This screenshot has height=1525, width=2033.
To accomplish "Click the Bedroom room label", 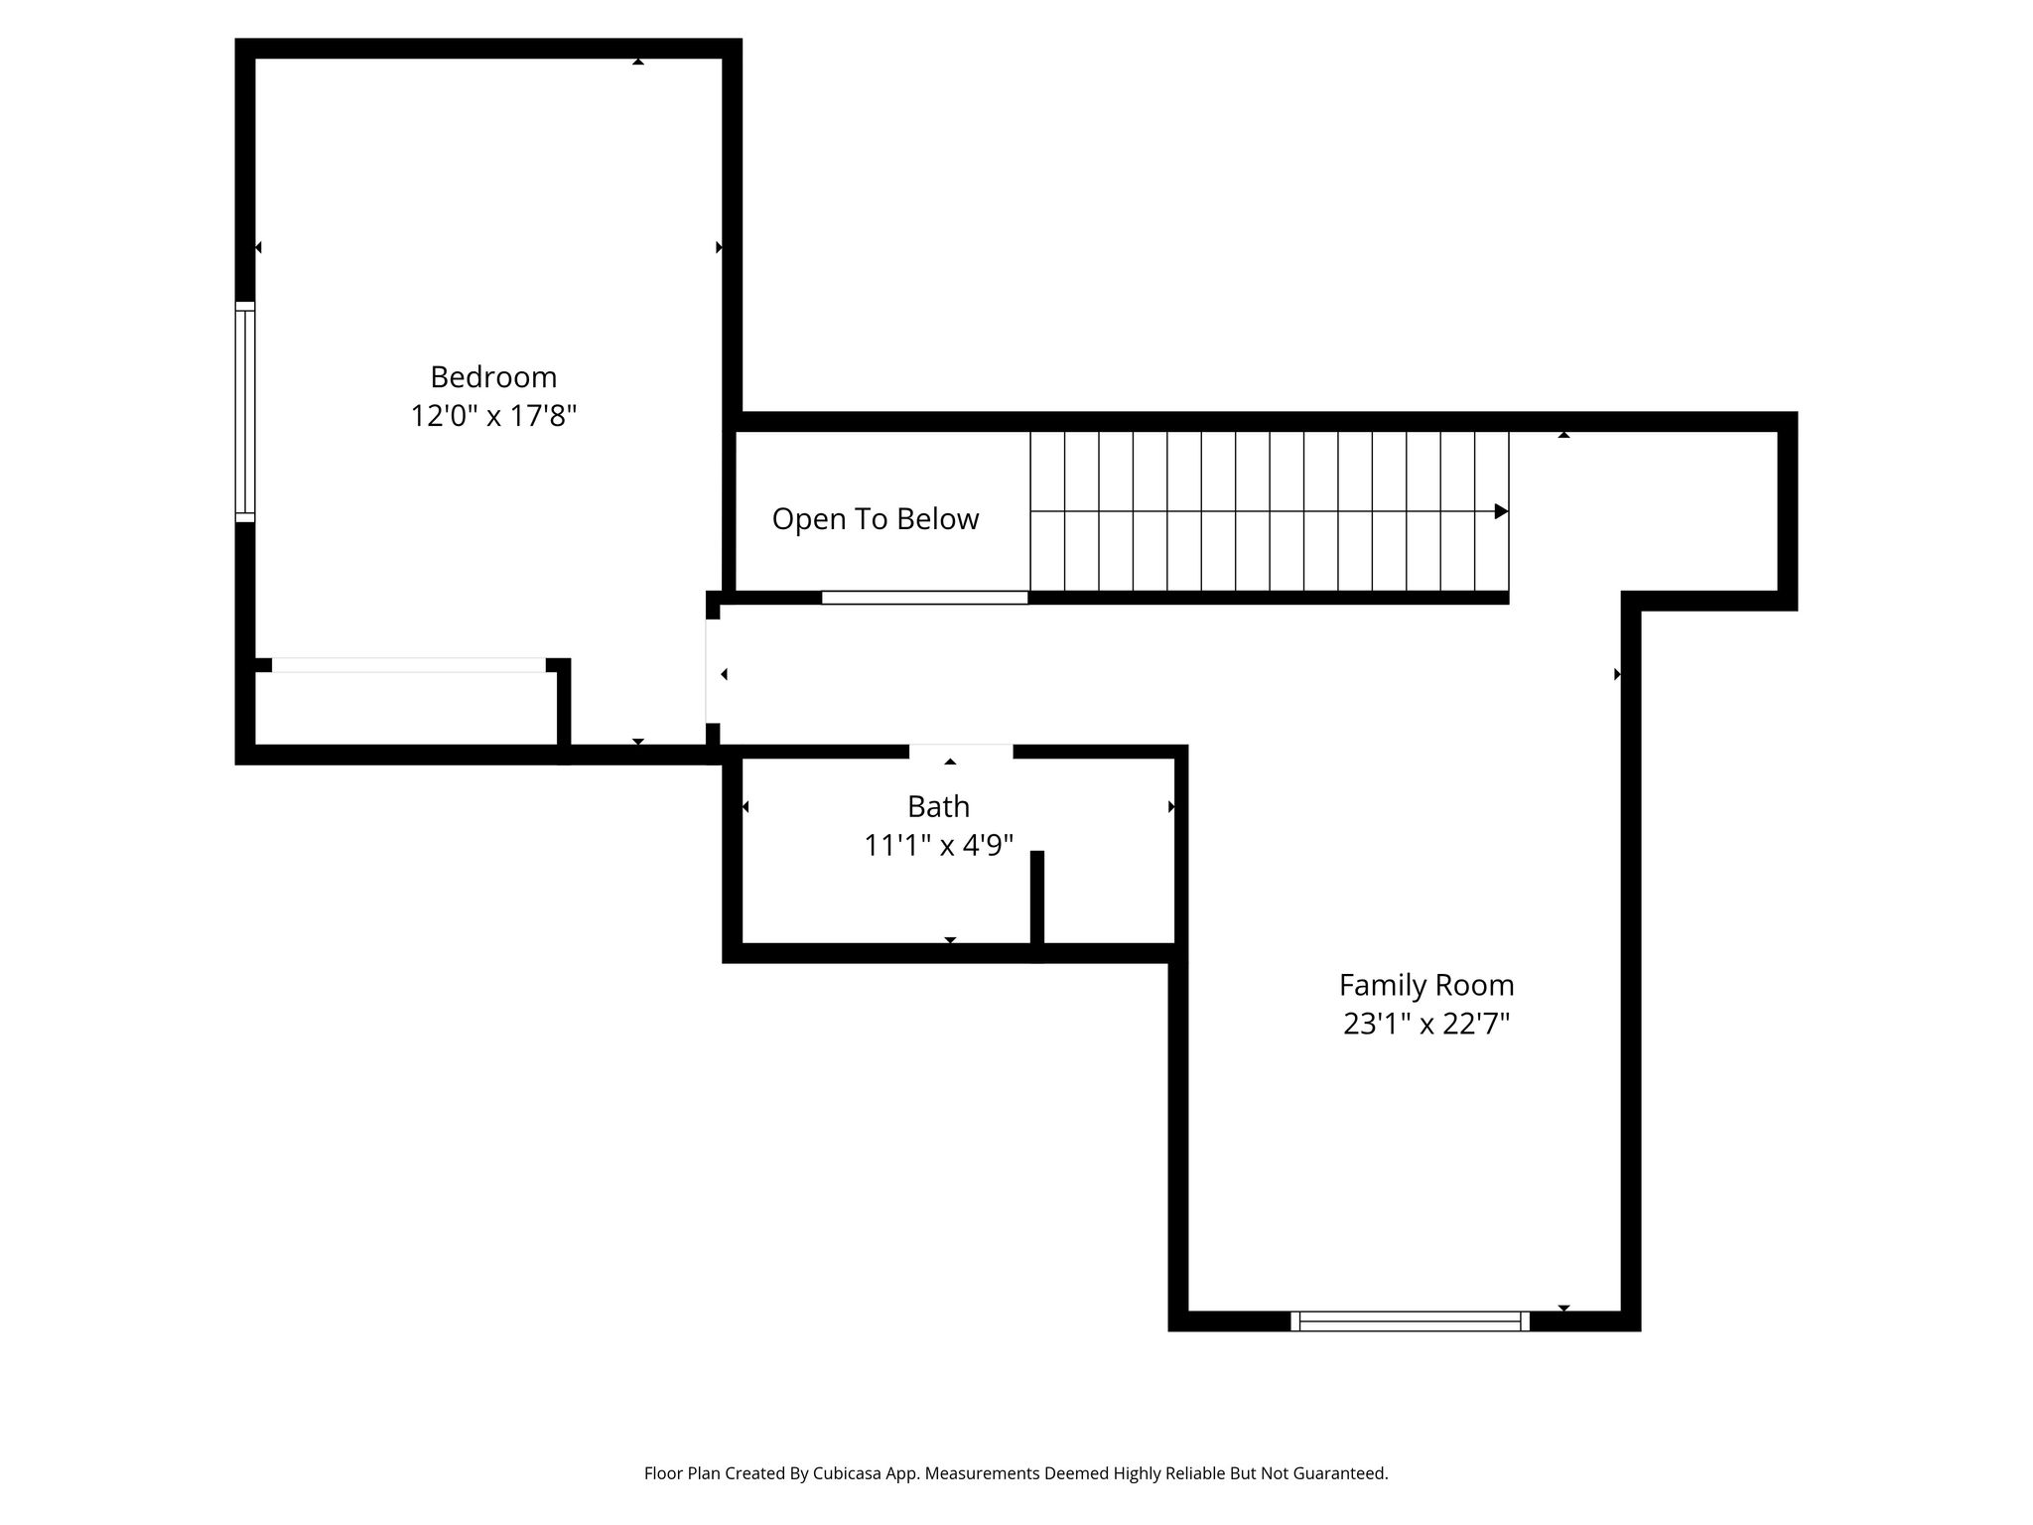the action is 493,377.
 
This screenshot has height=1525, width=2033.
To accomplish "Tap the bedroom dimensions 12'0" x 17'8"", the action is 493,415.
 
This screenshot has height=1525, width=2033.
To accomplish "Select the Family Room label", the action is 1426,986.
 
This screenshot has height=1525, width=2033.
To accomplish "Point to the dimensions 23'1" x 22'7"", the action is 1426,1024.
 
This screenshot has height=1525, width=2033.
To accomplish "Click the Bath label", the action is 938,806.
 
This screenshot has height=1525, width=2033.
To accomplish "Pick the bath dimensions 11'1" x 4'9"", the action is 938,845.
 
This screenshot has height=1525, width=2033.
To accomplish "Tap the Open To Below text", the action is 876,519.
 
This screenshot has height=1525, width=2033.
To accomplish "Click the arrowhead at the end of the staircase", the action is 1501,511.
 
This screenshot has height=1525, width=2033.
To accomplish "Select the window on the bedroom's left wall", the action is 245,411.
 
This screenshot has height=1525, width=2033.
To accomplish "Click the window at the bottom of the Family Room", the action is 1410,1320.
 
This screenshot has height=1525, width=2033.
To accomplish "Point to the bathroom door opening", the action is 961,752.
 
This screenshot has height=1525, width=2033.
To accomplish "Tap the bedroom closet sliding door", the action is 409,665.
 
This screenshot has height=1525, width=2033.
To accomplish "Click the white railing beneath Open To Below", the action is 924,598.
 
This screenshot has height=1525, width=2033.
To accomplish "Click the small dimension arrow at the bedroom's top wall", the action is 638,62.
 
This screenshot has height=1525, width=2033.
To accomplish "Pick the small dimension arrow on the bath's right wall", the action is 1171,807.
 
